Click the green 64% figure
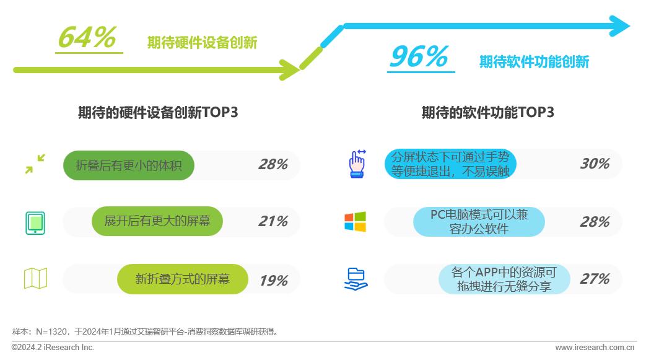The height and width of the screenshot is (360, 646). click(x=87, y=38)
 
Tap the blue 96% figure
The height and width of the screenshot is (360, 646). click(x=419, y=56)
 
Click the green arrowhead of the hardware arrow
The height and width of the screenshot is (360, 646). click(x=290, y=69)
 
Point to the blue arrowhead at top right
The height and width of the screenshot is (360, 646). click(x=620, y=26)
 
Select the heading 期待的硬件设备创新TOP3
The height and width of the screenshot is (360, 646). click(x=158, y=112)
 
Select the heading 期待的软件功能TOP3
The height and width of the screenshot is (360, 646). click(x=488, y=112)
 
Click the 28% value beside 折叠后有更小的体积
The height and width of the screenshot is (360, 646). click(x=273, y=165)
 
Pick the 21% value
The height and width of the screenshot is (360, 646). click(x=273, y=221)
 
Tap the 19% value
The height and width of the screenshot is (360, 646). click(x=274, y=281)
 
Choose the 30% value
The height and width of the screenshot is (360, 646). click(x=595, y=164)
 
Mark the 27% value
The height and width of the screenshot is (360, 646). click(x=595, y=279)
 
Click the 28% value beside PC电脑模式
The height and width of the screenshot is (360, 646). click(x=595, y=222)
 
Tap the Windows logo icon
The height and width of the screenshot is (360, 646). click(x=355, y=222)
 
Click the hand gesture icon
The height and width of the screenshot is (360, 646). click(x=357, y=164)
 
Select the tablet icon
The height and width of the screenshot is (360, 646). click(x=35, y=223)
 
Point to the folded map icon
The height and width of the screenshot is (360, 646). click(x=36, y=278)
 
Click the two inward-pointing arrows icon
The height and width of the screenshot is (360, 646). click(x=35, y=164)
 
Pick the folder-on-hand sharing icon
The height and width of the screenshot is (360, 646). click(x=356, y=279)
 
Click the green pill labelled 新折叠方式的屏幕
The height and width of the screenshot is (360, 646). click(x=183, y=279)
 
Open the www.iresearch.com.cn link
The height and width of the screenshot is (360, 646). click(x=595, y=347)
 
